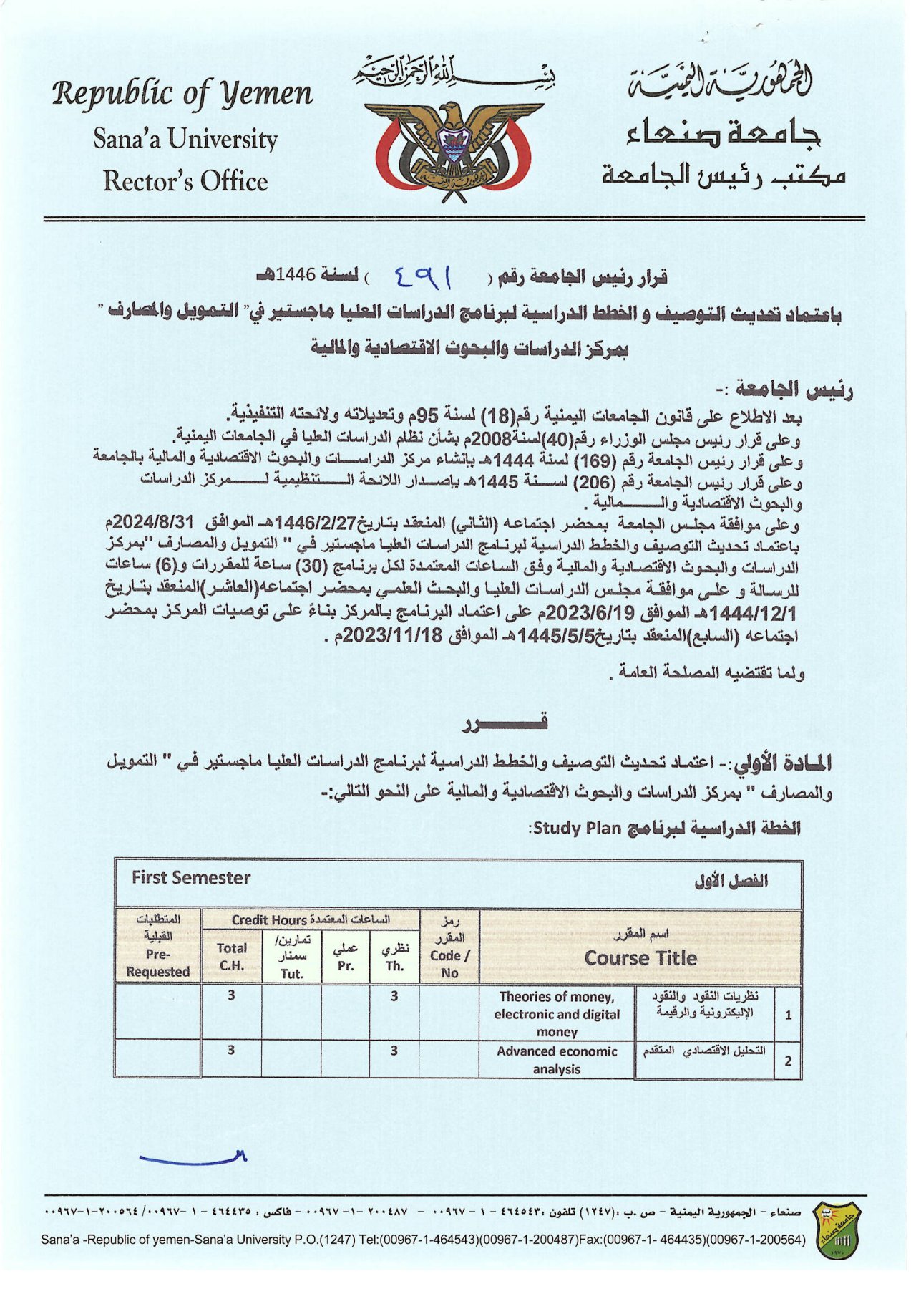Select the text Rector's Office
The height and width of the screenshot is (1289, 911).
[x=185, y=181]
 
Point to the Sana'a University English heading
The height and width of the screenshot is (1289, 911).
[x=185, y=139]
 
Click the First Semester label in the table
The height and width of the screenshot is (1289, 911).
[x=190, y=878]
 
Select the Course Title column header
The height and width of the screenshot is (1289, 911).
[x=640, y=958]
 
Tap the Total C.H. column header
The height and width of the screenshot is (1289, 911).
[x=231, y=957]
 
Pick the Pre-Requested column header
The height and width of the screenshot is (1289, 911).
[x=157, y=962]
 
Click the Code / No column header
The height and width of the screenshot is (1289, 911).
[x=449, y=964]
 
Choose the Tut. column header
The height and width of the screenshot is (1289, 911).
[x=291, y=973]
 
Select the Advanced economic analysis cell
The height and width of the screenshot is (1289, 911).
[x=557, y=1060]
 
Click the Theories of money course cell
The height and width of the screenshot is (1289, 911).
[x=557, y=1014]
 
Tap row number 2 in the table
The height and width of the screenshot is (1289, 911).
[x=788, y=1061]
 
